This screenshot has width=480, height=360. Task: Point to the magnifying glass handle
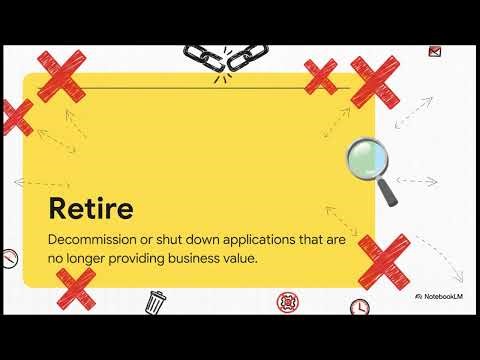tap(388, 193)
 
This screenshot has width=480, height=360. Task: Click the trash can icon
tap(156, 300)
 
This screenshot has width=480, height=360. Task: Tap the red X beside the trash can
tap(75, 289)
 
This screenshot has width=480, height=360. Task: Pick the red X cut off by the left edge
tap(13, 117)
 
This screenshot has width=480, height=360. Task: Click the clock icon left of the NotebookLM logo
tap(359, 307)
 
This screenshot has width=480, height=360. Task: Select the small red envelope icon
tap(434, 51)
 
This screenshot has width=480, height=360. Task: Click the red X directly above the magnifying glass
tap(375, 82)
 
